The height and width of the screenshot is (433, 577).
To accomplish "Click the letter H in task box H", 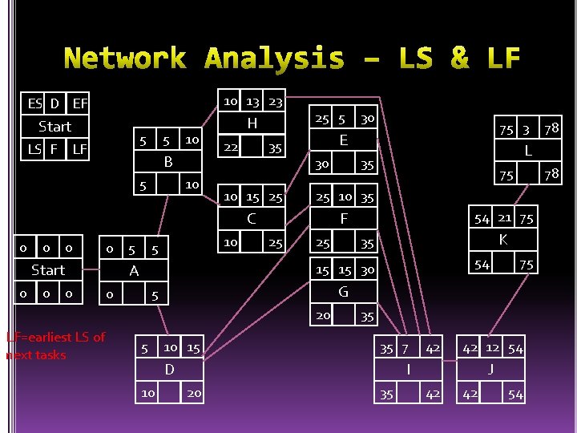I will pyautogui.click(x=252, y=123).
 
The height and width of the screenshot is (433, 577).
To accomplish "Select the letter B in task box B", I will pyautogui.click(x=168, y=162).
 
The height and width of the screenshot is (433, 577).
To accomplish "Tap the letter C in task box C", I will pyautogui.click(x=252, y=218).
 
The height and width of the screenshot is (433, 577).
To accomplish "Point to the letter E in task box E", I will pyautogui.click(x=343, y=140).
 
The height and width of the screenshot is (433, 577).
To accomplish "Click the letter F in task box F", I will pyautogui.click(x=343, y=218).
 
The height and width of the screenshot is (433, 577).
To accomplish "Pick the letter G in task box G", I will pyautogui.click(x=343, y=292).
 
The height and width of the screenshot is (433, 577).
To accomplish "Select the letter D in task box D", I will pyautogui.click(x=169, y=369).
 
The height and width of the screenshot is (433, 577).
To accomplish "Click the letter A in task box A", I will pyautogui.click(x=134, y=271).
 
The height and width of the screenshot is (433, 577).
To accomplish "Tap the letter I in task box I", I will pyautogui.click(x=409, y=370).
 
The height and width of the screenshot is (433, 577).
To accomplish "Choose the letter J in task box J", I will pyautogui.click(x=491, y=370).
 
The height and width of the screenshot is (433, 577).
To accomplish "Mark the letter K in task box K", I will pyautogui.click(x=503, y=240).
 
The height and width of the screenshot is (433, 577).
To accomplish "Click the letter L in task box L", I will pyautogui.click(x=528, y=151).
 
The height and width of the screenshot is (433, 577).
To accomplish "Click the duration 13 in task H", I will pyautogui.click(x=252, y=102).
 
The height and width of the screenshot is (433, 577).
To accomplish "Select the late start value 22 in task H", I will pyautogui.click(x=230, y=148).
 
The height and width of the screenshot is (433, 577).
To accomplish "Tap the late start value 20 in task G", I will pyautogui.click(x=323, y=315).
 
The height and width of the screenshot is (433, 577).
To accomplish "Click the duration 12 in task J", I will pyautogui.click(x=492, y=347).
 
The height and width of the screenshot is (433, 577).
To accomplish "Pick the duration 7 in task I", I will pyautogui.click(x=406, y=349).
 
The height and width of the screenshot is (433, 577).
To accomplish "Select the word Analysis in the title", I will pyautogui.click(x=274, y=59).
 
